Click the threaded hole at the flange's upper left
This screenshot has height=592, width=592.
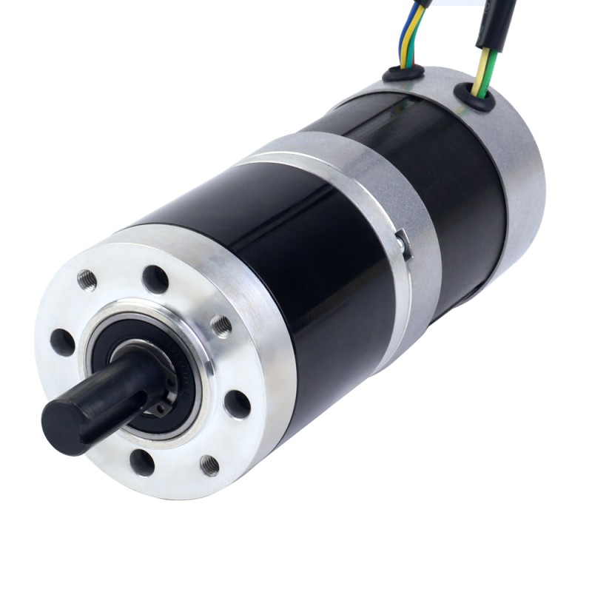pos(87,279)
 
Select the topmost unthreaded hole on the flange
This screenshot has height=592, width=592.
pos(155,279)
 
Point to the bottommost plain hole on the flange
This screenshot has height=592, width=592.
pos(141,462)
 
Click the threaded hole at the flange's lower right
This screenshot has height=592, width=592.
pos(209,465)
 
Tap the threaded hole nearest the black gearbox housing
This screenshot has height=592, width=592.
pos(221,325)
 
